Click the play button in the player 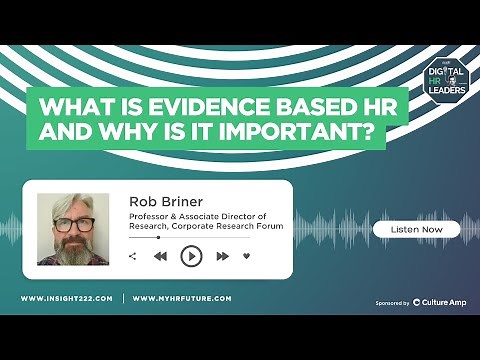pyautogui.click(x=190, y=257)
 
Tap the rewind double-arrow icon pyautogui.click(x=160, y=257)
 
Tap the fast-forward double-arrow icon pyautogui.click(x=222, y=257)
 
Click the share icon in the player pyautogui.click(x=133, y=257)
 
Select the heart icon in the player pyautogui.click(x=247, y=257)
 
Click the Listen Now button pyautogui.click(x=416, y=229)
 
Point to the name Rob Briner pyautogui.click(x=163, y=201)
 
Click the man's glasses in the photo pyautogui.click(x=73, y=223)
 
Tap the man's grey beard pyautogui.click(x=74, y=250)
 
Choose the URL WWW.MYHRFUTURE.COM pyautogui.click(x=182, y=299)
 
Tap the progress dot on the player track pyautogui.click(x=158, y=238)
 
